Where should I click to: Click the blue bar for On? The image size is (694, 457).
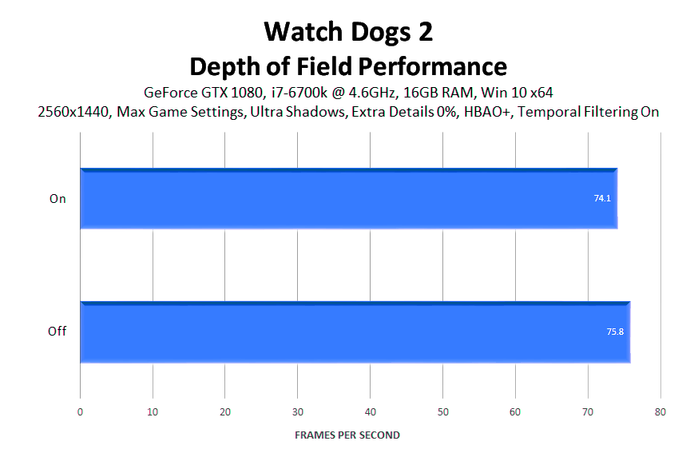pos(349,198)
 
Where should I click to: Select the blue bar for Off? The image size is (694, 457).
pos(355,332)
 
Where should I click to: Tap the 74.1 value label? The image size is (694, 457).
pos(602,198)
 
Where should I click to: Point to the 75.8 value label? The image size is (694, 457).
pos(615,332)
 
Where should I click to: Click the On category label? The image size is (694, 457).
pos(58,198)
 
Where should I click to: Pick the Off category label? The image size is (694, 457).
pos(57,332)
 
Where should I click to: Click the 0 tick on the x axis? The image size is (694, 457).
pos(80,411)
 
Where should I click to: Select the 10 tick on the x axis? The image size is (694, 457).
pos(153,411)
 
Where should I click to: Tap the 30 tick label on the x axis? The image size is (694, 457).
pos(298,411)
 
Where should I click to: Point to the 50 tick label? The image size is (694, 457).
pos(443,411)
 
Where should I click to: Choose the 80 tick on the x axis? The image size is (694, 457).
pos(660,411)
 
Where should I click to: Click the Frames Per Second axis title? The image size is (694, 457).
pos(347,435)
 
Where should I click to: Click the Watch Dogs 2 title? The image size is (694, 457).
pos(348,32)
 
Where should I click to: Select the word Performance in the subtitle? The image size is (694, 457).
pos(432,67)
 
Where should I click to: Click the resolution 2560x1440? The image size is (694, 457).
pos(73,112)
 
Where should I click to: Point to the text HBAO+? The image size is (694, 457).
pos(487,112)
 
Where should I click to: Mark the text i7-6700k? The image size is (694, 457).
pos(299,93)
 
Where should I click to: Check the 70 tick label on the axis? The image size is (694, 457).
pos(588,411)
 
